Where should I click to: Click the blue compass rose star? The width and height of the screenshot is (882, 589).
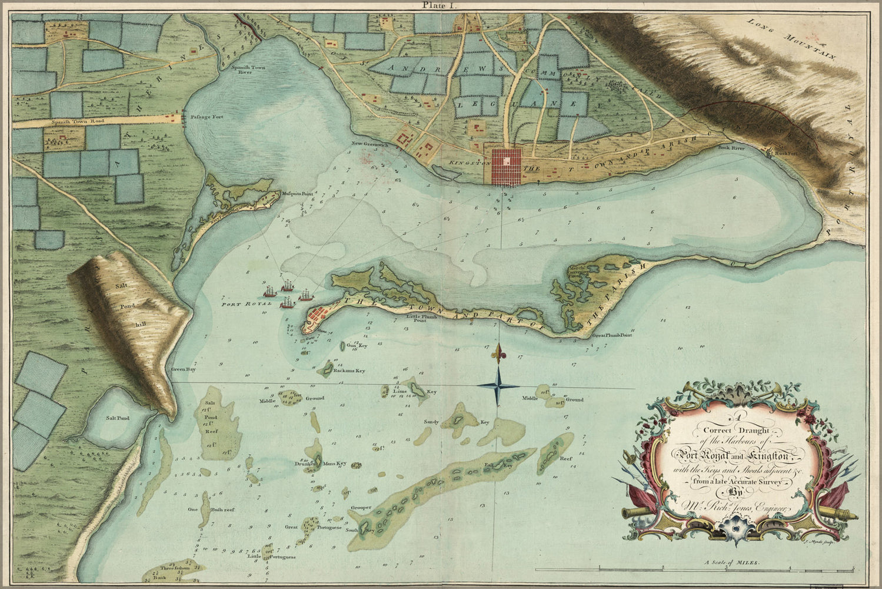click(x=499, y=386)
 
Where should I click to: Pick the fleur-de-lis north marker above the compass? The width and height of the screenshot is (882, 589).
click(x=500, y=353)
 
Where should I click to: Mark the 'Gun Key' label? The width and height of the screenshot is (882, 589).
click(x=357, y=346)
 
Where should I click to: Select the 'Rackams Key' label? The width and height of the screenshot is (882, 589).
click(x=349, y=371)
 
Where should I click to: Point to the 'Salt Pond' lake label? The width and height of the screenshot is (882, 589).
click(x=117, y=418)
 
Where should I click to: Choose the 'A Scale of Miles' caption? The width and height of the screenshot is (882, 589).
click(x=732, y=563)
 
